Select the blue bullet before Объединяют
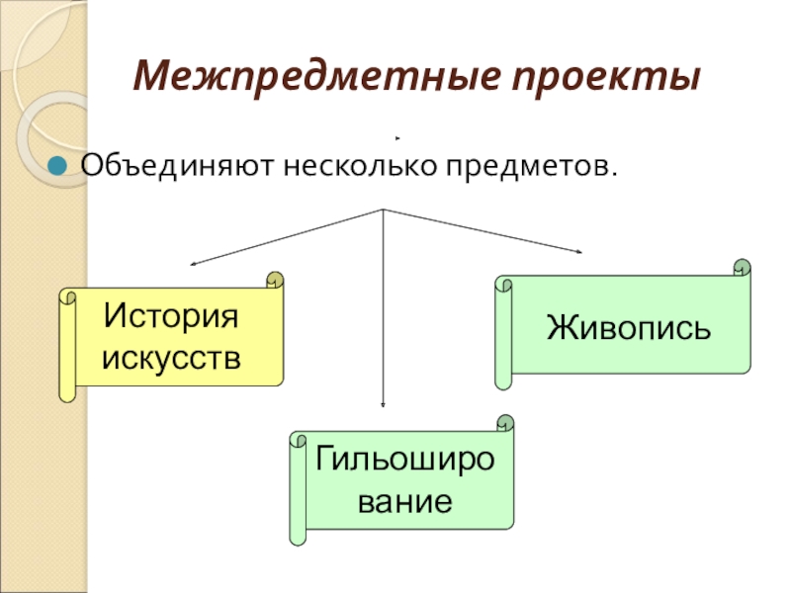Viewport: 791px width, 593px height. [x=59, y=165]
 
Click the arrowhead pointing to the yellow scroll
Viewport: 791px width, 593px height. [x=193, y=264]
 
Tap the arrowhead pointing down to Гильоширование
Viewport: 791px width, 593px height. [x=383, y=403]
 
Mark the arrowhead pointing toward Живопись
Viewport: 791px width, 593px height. [x=580, y=253]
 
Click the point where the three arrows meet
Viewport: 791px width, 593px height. [x=383, y=210]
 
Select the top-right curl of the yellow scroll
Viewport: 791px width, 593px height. [x=274, y=281]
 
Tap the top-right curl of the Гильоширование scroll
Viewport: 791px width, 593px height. [x=505, y=424]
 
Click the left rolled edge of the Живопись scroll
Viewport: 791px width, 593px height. [x=501, y=336]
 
